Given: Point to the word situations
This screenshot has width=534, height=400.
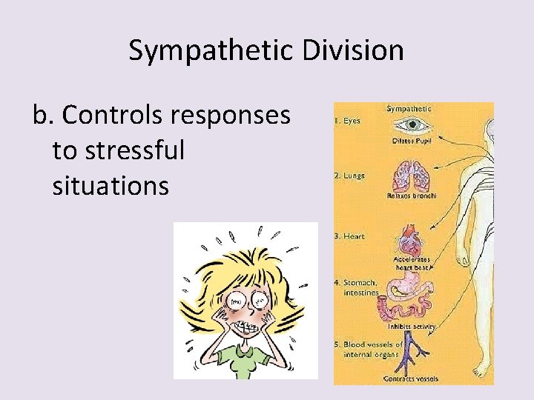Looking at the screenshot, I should click(x=111, y=185).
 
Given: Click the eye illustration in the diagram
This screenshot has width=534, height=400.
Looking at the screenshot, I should click(x=410, y=124).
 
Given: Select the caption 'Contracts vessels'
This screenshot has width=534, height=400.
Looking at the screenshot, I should click(x=411, y=379).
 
